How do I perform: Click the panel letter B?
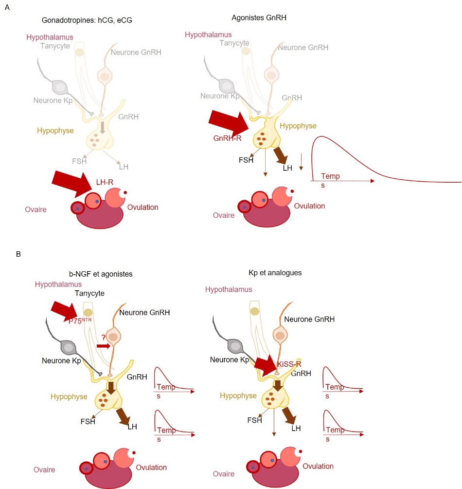[x=18, y=254]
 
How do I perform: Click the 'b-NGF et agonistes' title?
[x=101, y=274]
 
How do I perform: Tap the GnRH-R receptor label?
[x=228, y=138]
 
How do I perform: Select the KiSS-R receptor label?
[x=289, y=363]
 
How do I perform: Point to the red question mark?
[x=103, y=337]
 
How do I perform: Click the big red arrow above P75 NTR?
[x=64, y=310]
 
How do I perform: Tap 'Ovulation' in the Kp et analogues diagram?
[x=318, y=466]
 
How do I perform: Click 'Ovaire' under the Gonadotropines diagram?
[x=36, y=209]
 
